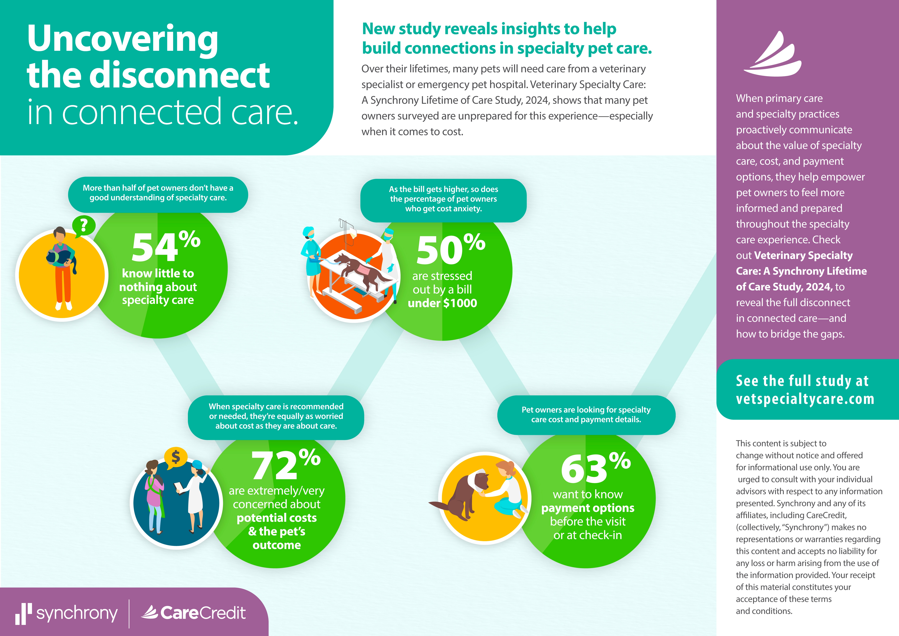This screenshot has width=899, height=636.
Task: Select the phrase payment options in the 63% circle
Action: click(x=588, y=508)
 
